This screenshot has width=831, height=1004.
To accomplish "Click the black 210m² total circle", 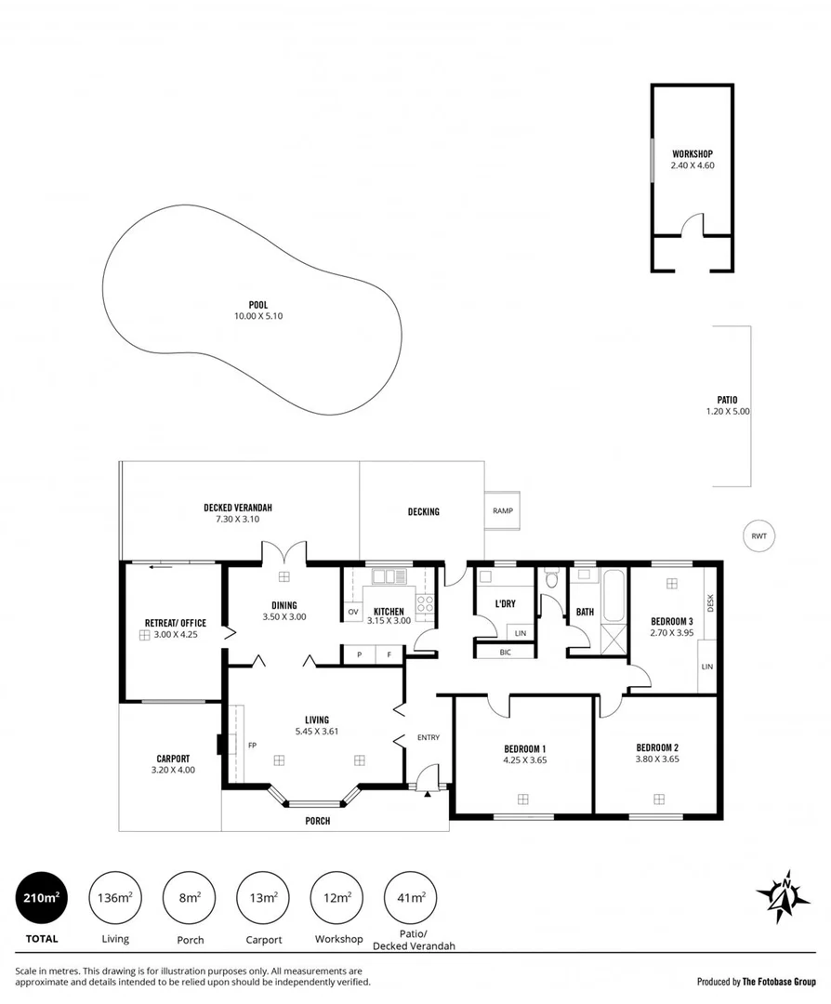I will [x=42, y=899].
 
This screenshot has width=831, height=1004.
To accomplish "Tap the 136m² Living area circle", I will [x=114, y=899].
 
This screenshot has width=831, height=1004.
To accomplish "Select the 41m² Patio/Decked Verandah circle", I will [x=412, y=899].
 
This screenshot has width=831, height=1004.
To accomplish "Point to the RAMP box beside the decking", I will [x=503, y=510].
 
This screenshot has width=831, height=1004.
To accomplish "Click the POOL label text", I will [x=257, y=305].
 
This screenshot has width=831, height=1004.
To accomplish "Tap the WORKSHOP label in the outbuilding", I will [x=692, y=153].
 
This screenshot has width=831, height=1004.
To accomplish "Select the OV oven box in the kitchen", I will [x=353, y=612].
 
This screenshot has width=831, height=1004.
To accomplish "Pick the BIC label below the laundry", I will [x=505, y=652].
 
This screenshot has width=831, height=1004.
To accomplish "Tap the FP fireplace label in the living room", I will [x=252, y=745].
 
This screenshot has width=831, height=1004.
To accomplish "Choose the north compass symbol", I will [x=783, y=898].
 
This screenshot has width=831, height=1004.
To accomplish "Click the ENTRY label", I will [x=429, y=737].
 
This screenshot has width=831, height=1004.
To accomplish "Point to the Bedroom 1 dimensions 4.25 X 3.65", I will [x=524, y=760].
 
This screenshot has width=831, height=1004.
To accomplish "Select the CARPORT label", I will [x=173, y=758].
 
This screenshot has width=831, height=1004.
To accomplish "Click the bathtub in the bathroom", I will [x=614, y=597].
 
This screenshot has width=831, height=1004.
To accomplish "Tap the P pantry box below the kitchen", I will [x=359, y=656].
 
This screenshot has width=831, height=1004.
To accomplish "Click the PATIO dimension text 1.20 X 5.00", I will [x=728, y=411].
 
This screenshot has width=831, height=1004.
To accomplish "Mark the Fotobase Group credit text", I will [x=757, y=981].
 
